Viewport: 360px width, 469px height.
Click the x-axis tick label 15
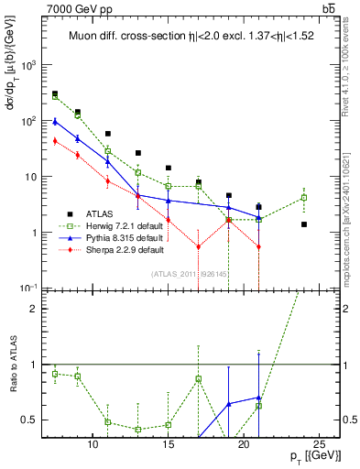[x=168, y=444]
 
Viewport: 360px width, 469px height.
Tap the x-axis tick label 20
[x=244, y=444]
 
